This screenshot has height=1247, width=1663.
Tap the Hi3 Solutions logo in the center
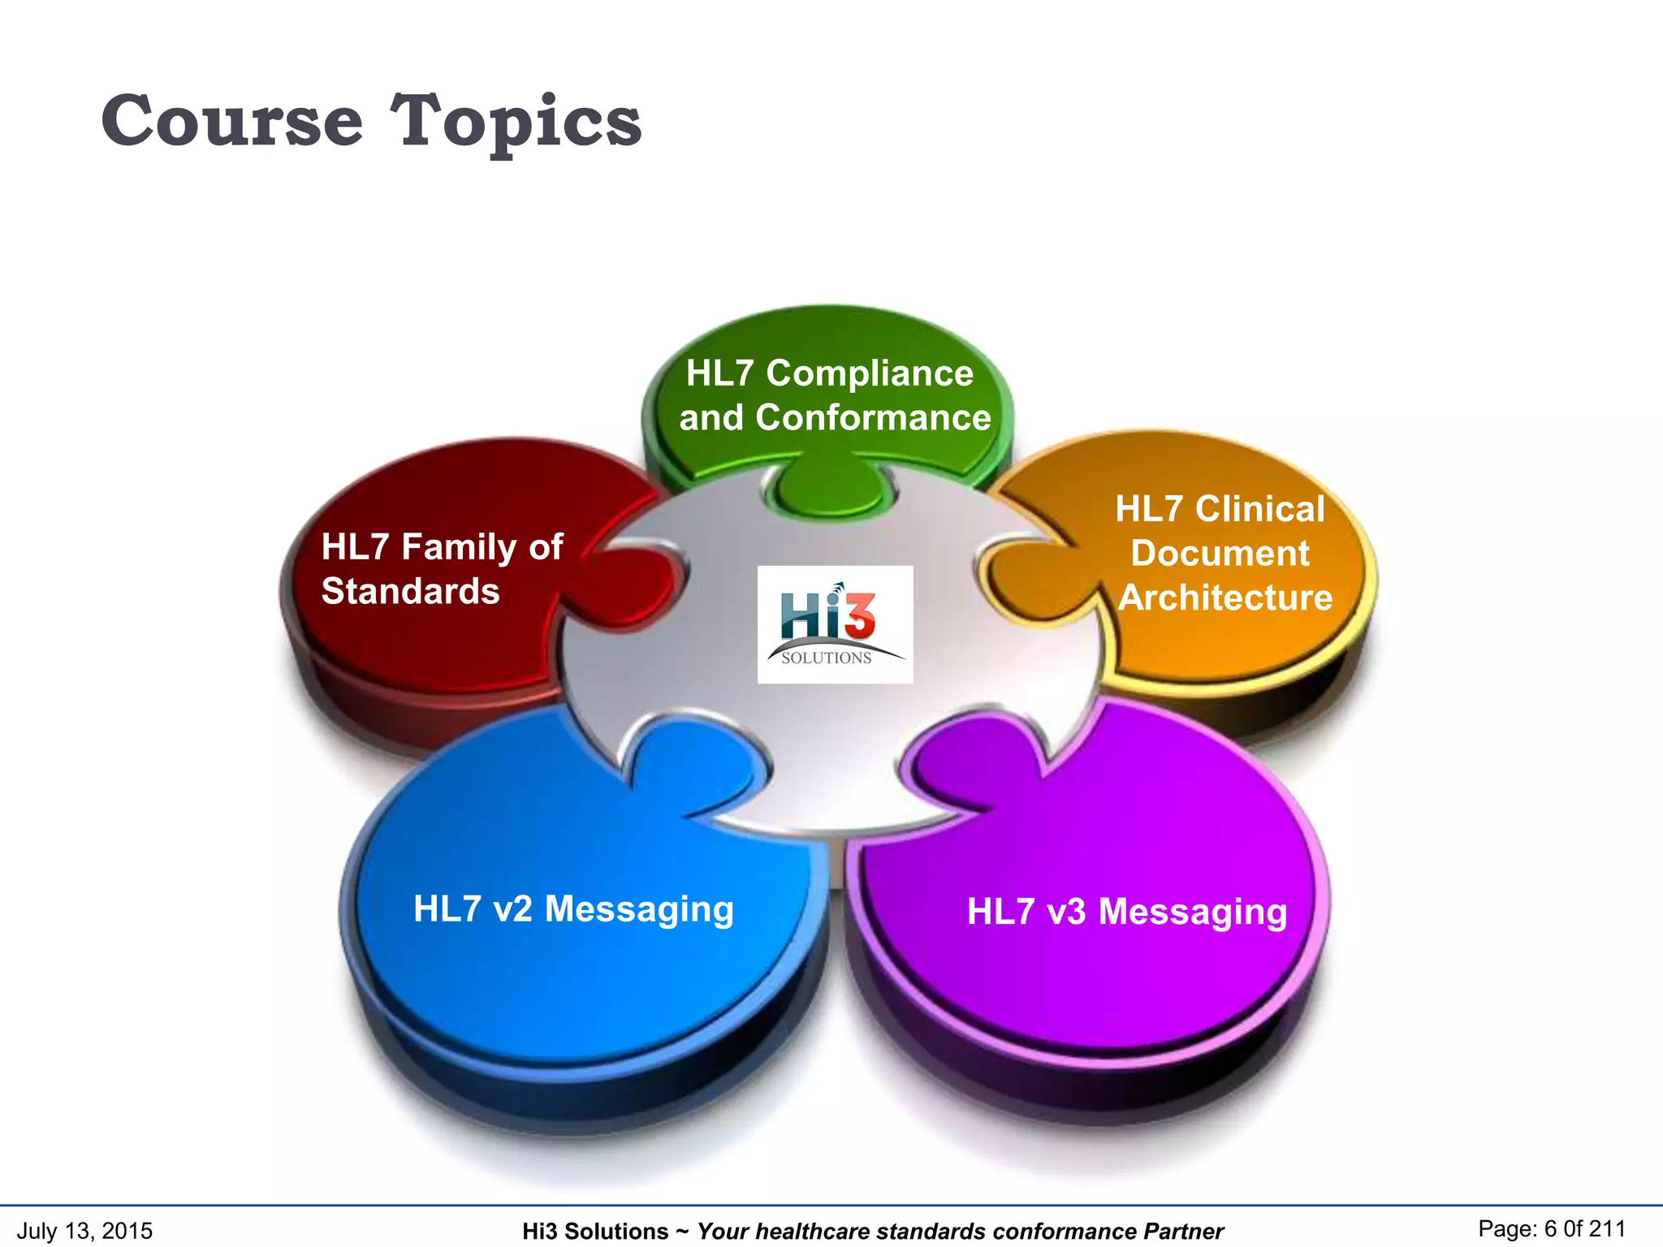coord(835,623)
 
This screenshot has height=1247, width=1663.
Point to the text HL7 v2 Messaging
coord(573,908)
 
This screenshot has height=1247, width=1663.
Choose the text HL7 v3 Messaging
coord(1126,911)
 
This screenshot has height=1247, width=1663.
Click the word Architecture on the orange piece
coord(1225,598)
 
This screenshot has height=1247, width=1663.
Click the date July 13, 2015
coord(84,1230)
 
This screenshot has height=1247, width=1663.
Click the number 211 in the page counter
coord(1607,1228)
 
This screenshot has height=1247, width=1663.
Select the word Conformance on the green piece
coord(873,417)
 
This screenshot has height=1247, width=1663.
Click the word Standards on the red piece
coord(410,591)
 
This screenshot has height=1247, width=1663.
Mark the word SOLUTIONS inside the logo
coord(826,658)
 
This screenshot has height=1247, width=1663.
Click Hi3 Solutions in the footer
coord(594,1232)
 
